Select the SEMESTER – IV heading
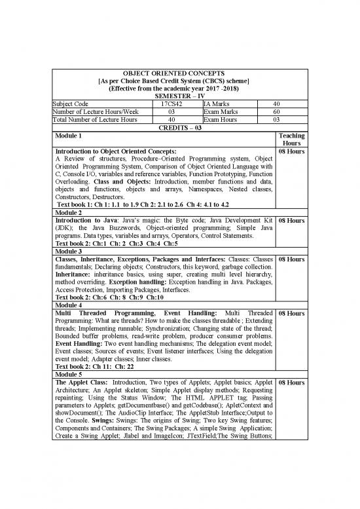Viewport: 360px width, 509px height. point(179,95)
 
